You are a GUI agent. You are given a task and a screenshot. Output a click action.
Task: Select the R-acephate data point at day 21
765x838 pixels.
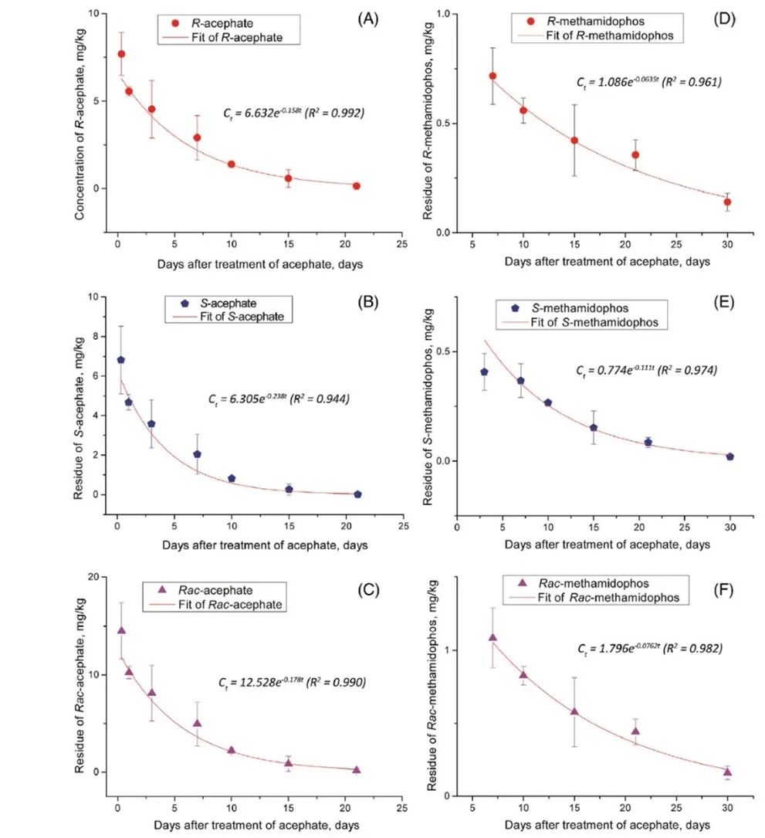(357, 185)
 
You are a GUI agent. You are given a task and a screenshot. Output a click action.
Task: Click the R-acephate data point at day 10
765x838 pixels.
(231, 165)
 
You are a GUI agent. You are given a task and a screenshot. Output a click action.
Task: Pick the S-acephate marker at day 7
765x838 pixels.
(197, 454)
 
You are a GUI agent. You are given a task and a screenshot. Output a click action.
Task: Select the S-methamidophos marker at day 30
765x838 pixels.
(730, 456)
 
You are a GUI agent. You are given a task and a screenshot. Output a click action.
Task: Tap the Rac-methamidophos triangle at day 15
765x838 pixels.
(574, 711)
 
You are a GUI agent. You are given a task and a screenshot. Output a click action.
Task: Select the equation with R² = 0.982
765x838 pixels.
(650, 649)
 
